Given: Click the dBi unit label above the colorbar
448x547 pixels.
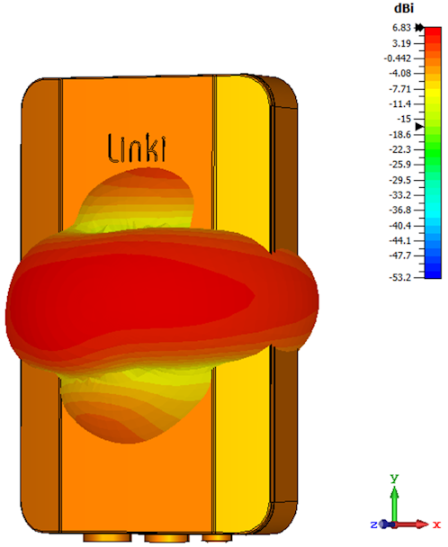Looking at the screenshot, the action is (x=404, y=8).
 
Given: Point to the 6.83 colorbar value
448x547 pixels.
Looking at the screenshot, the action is (x=401, y=28).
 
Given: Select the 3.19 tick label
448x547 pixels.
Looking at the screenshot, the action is (x=401, y=43).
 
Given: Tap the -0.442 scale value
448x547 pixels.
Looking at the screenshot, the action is (x=398, y=58).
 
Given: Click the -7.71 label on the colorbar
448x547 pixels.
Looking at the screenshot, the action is (x=399, y=89).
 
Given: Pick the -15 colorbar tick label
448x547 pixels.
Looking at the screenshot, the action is (x=405, y=119).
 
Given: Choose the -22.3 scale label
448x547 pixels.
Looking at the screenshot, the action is (x=399, y=149).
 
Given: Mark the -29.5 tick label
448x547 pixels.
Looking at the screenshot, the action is (x=399, y=180).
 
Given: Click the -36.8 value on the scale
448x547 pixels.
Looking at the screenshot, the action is (x=399, y=210).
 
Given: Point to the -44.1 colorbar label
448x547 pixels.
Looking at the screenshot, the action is (x=399, y=240).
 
